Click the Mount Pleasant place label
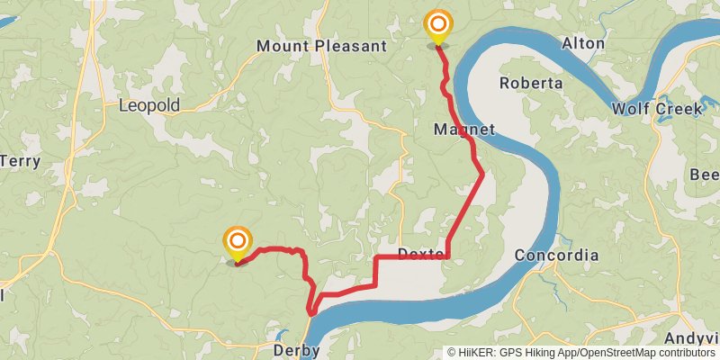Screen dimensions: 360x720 [320, 45]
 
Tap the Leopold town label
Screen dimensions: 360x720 [149, 105]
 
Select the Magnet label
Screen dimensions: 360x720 [464, 130]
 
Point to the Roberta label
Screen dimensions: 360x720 [531, 83]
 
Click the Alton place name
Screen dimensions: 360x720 [583, 43]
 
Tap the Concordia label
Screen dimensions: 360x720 [556, 256]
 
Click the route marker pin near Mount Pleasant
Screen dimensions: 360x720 [438, 25]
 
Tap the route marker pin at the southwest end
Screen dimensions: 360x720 [238, 242]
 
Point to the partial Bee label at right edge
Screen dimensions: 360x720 [704, 174]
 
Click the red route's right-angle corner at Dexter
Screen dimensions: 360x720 [447, 257]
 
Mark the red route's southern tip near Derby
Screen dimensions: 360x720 [310, 312]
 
